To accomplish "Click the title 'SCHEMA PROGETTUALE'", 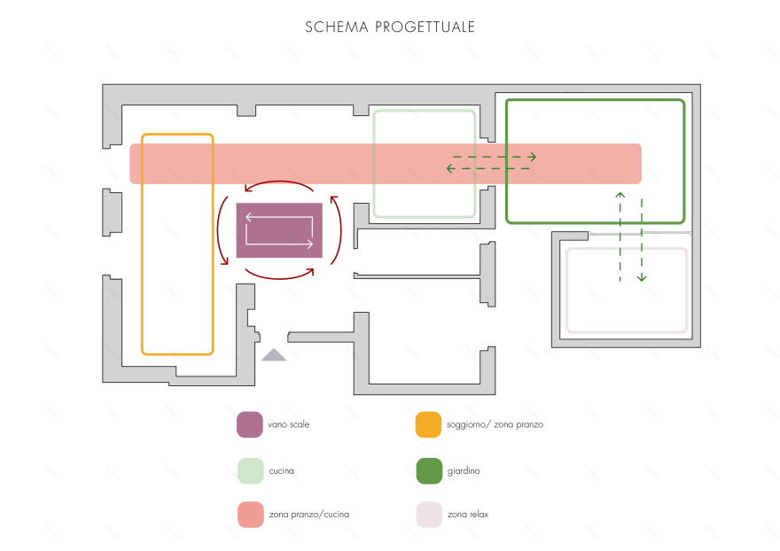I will pos(390,27).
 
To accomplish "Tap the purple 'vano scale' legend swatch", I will pos(250,425).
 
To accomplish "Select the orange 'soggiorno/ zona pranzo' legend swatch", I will pos(429,425).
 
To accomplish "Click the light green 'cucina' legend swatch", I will pos(250,471).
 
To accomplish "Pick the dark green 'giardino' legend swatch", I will pos(429,471).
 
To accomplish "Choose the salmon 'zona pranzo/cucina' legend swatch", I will pos(250,515).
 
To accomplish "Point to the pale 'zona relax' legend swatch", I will pos(429,515).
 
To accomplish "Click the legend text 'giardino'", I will pos(464,471).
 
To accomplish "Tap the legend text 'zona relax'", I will pos(468,515).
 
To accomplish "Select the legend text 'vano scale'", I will pos(289,425).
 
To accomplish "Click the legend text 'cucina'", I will pos(282,471).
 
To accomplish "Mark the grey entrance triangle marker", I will pos(274,355).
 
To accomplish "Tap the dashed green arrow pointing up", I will pos(620,236).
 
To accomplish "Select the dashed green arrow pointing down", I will pos(642,239).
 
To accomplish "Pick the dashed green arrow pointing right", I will pos(493,157).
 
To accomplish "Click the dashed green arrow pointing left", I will pos(487,168).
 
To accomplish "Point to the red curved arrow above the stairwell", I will pos(279,184).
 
